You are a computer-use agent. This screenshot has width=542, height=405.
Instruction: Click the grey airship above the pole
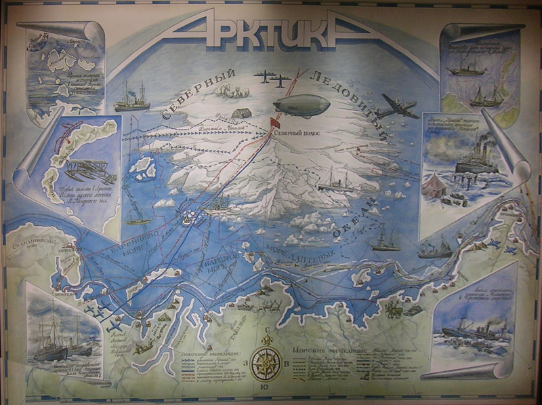(x=301, y=105)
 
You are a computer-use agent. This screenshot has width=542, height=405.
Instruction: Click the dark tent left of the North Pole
(x=238, y=113)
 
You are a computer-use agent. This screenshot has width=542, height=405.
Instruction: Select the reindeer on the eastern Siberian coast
(x=400, y=312)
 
